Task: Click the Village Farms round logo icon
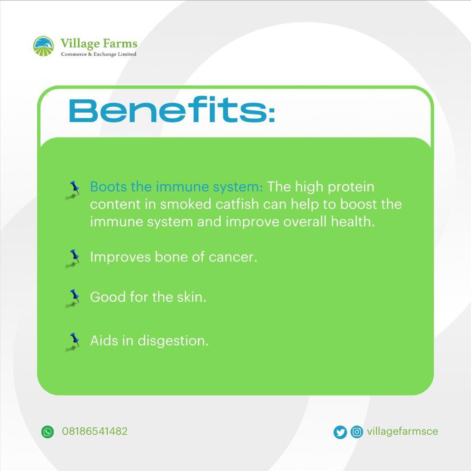coord(44,46)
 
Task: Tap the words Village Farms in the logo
coord(98,44)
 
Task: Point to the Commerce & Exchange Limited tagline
coord(98,54)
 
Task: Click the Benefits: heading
coord(172,111)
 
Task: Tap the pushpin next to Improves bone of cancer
coord(74,257)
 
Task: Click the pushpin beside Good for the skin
coord(74,297)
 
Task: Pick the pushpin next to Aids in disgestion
coord(74,341)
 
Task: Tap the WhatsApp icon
coord(47,431)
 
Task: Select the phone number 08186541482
coord(94,431)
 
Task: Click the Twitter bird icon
coord(340,432)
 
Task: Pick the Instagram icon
coord(356,432)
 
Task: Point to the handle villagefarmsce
coord(402,431)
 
